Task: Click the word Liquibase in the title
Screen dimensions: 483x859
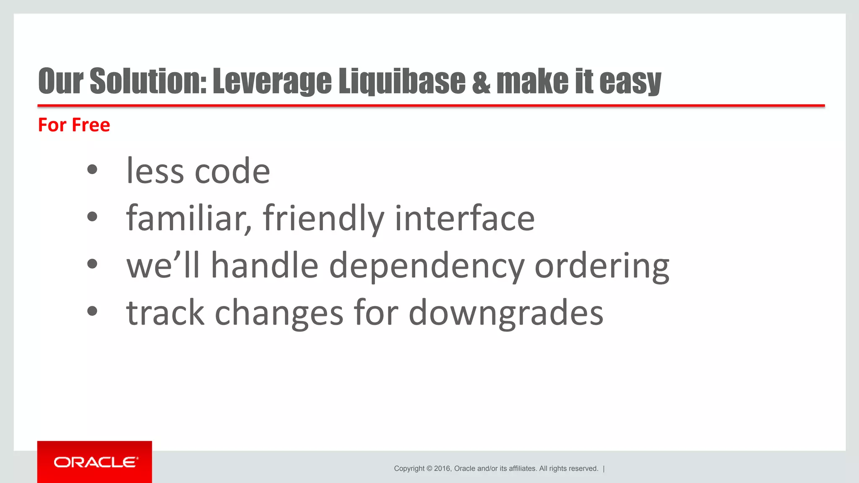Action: coord(402,80)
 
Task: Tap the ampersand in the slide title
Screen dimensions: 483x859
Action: coord(481,81)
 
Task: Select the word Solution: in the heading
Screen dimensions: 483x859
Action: coord(148,80)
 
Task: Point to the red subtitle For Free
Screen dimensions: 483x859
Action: coord(74,125)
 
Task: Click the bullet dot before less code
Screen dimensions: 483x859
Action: coord(92,170)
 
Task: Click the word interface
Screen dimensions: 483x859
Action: coord(465,218)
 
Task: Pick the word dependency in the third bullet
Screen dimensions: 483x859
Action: coord(427,267)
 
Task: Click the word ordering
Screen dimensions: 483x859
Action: coord(602,267)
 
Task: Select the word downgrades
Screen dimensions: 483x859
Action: coord(506,313)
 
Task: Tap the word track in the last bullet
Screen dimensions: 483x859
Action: coord(165,313)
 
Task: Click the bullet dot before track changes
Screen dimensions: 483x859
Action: coord(92,311)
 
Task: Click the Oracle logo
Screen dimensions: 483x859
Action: coord(95,462)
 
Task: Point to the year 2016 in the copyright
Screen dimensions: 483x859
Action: coord(442,468)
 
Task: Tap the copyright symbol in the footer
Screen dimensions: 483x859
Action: coord(429,468)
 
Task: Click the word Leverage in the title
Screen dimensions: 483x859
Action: coord(272,81)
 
